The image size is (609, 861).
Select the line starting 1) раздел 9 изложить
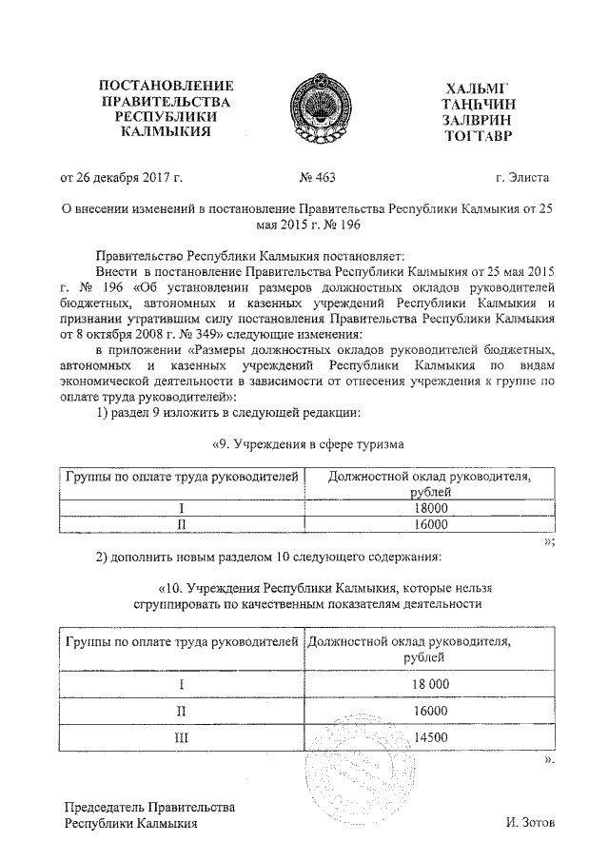227,412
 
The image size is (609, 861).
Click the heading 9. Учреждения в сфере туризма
306,444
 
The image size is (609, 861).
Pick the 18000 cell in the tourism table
430,509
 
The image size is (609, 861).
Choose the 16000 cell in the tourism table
430,524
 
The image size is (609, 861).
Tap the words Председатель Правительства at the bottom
149,807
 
